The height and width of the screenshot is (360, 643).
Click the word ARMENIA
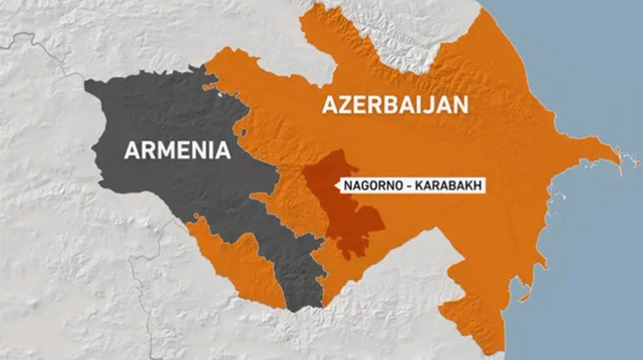tap(177, 150)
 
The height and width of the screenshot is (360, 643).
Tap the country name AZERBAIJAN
tap(395, 105)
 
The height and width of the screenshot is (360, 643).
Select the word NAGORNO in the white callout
tap(368, 186)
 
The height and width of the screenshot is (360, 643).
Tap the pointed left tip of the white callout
tap(334, 186)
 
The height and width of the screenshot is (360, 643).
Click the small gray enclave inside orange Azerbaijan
tap(243, 133)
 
